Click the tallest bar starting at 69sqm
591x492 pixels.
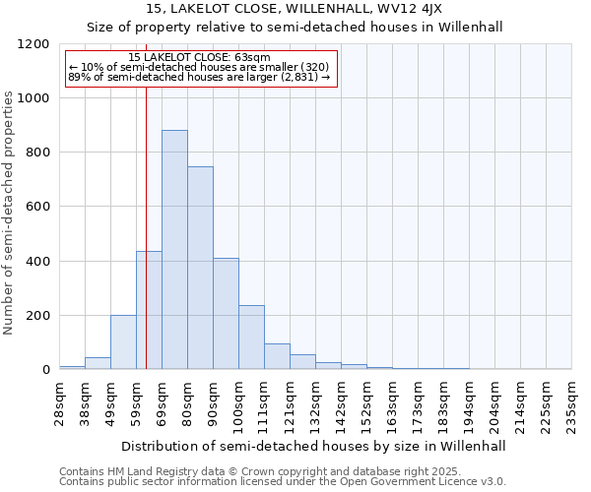[x=174, y=250]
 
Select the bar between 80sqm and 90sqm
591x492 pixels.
[x=200, y=268]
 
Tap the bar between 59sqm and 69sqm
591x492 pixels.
[x=149, y=310]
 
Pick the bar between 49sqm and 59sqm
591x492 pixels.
[x=123, y=342]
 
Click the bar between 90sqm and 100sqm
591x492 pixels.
[x=226, y=314]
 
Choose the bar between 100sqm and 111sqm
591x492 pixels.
[x=251, y=338]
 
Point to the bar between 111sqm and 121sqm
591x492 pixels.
[x=277, y=356]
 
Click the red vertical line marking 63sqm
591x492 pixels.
[x=146, y=216]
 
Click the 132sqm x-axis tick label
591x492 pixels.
[x=315, y=403]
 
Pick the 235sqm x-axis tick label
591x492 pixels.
[x=571, y=403]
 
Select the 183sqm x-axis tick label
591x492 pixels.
[x=443, y=403]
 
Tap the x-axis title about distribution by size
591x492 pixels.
[x=315, y=446]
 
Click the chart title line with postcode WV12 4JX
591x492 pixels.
[x=295, y=8]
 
